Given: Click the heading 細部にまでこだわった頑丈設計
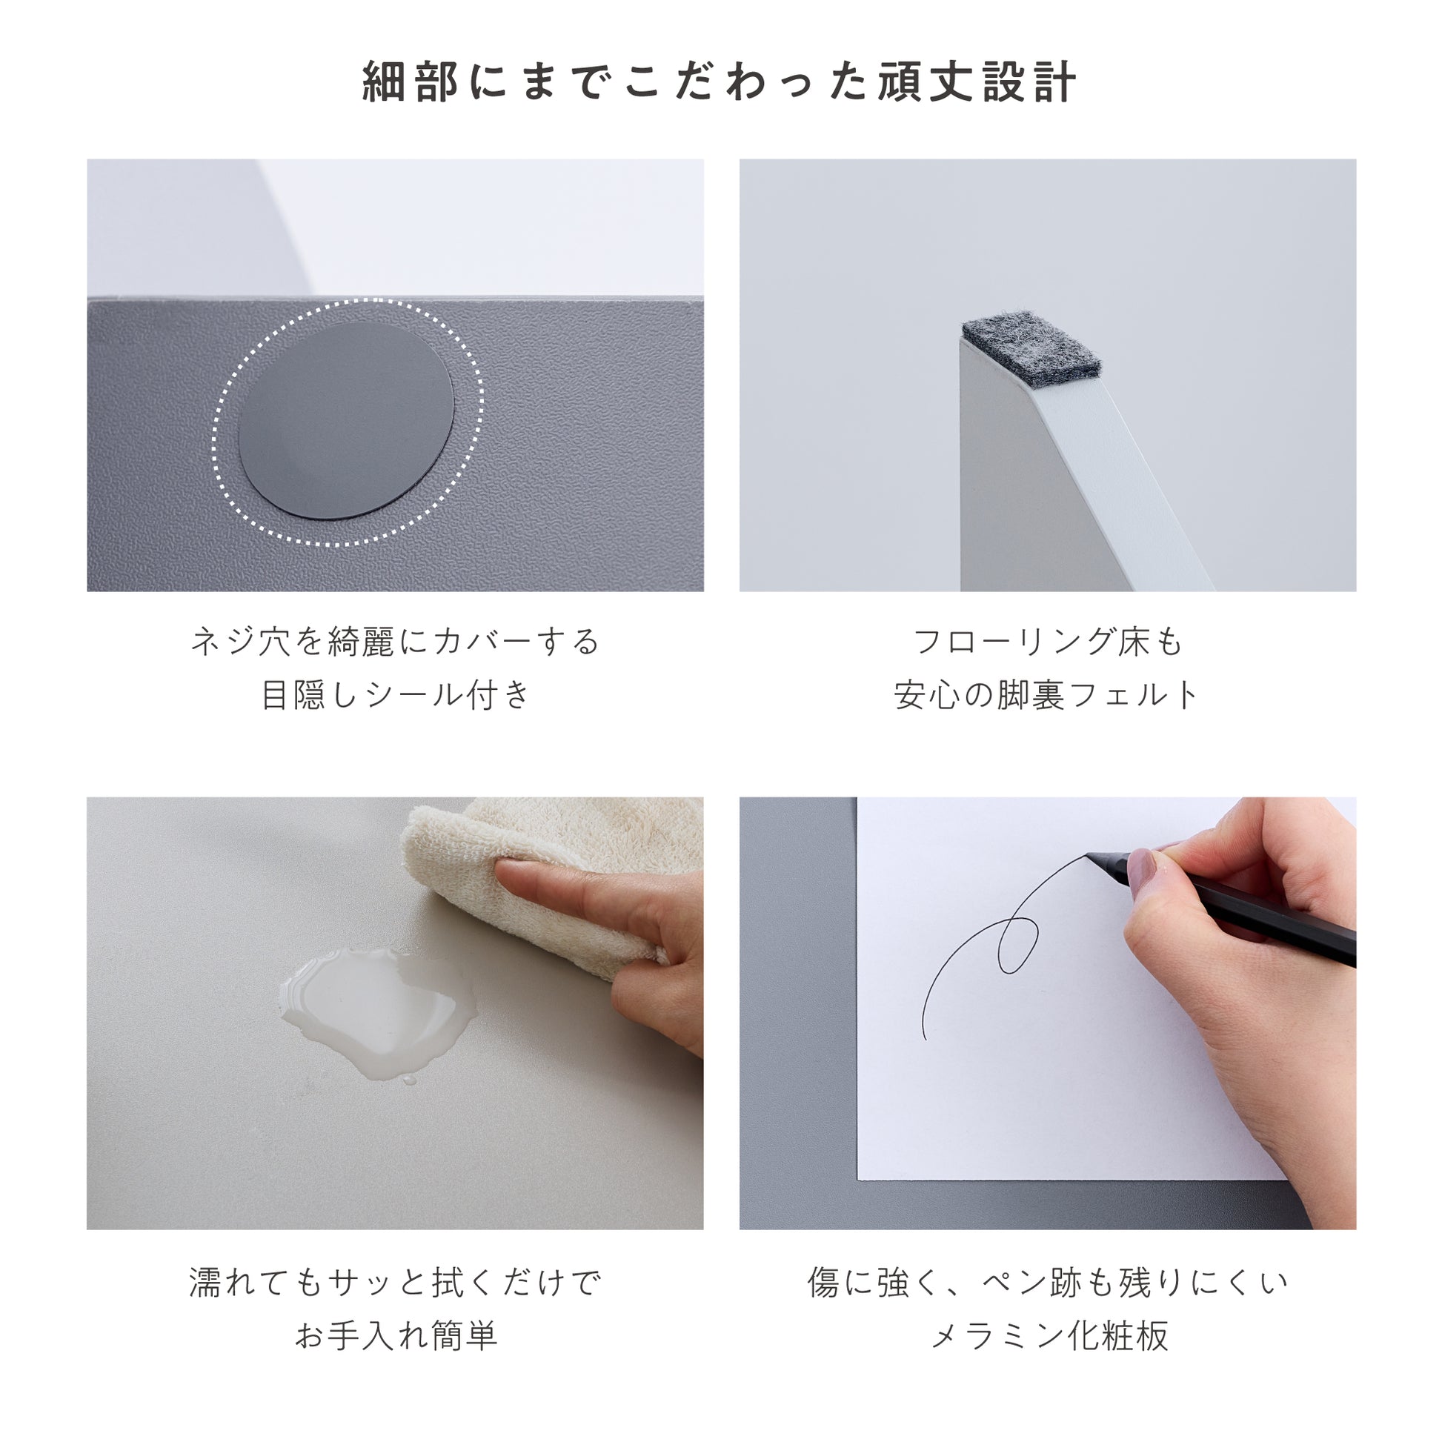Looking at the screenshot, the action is [720, 82].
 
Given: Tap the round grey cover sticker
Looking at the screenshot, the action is [346, 421].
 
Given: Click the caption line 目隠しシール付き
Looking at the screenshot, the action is [396, 695].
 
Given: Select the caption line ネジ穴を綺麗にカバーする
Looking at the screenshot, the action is [396, 642].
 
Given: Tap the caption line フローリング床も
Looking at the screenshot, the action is [1048, 642].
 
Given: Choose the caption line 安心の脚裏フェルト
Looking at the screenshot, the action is [1048, 695].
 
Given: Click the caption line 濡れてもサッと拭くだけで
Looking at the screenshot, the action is [396, 1282].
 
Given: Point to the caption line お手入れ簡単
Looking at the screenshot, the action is [396, 1335].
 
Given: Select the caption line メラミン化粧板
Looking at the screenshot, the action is [1048, 1335].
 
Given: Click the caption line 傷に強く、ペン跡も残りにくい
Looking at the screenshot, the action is [1048, 1282].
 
